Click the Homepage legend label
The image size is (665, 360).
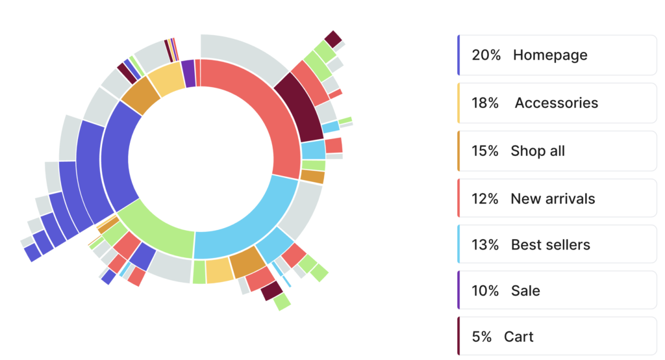click(x=549, y=55)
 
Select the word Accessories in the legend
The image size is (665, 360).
click(x=556, y=103)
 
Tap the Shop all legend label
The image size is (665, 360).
click(x=538, y=151)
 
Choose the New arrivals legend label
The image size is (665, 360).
click(x=553, y=198)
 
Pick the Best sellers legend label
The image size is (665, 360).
click(x=550, y=245)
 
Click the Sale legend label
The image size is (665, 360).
click(x=525, y=290)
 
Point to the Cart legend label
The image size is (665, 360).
click(x=518, y=337)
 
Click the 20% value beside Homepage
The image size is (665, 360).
click(x=486, y=55)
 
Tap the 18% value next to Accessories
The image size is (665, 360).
click(x=486, y=103)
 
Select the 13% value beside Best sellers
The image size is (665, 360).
click(x=486, y=245)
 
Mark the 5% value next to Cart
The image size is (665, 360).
click(x=482, y=337)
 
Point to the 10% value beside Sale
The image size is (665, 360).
click(x=486, y=290)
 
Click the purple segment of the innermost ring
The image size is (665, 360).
click(x=188, y=73)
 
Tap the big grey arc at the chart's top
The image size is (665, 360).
click(x=244, y=52)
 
